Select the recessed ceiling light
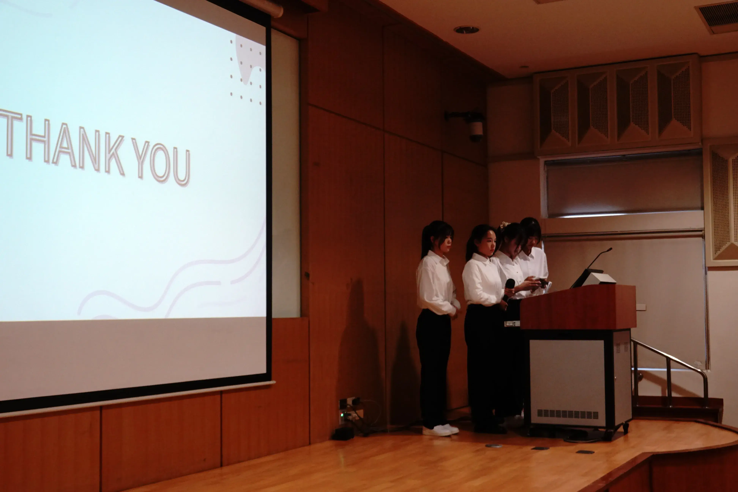coord(466,30)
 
